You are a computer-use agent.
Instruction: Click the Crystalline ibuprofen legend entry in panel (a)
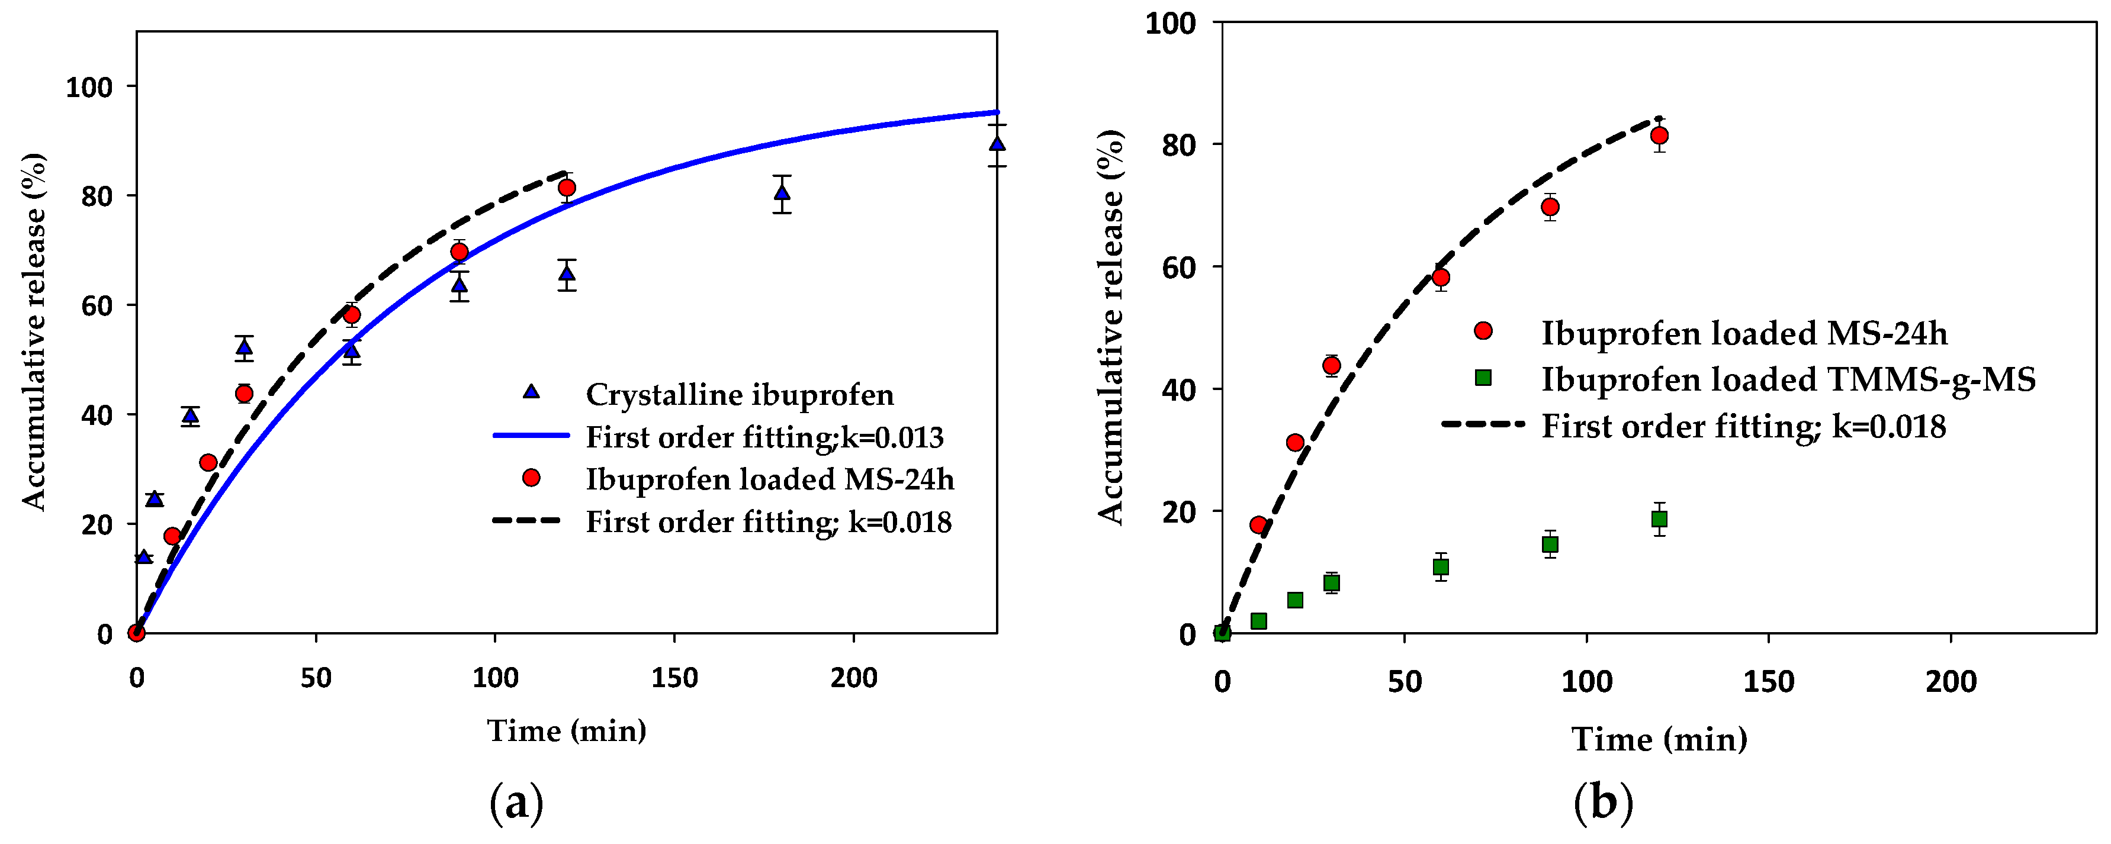click(739, 395)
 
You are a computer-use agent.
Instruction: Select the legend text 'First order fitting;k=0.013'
click(764, 437)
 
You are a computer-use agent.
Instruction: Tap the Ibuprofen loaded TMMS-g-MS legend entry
click(1788, 379)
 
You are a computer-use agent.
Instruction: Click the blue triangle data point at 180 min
click(782, 192)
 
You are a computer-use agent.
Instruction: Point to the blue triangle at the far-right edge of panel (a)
click(997, 144)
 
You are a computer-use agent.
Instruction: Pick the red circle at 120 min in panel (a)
click(566, 188)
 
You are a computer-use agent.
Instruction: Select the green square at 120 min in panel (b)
click(1659, 518)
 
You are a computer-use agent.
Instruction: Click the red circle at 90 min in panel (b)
click(1550, 207)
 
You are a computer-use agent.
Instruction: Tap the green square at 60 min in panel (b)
click(1441, 567)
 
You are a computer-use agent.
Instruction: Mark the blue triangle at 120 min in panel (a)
click(566, 273)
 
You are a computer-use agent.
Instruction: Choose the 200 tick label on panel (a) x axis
click(853, 678)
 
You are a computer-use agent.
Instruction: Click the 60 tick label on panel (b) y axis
click(1178, 267)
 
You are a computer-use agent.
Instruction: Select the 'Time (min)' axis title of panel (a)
click(566, 731)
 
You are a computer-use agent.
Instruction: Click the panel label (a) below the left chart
click(516, 804)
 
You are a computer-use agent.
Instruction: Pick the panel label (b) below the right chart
click(1603, 804)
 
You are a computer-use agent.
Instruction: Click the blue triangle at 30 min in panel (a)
click(244, 347)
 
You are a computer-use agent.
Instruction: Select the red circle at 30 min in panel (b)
click(1332, 365)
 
